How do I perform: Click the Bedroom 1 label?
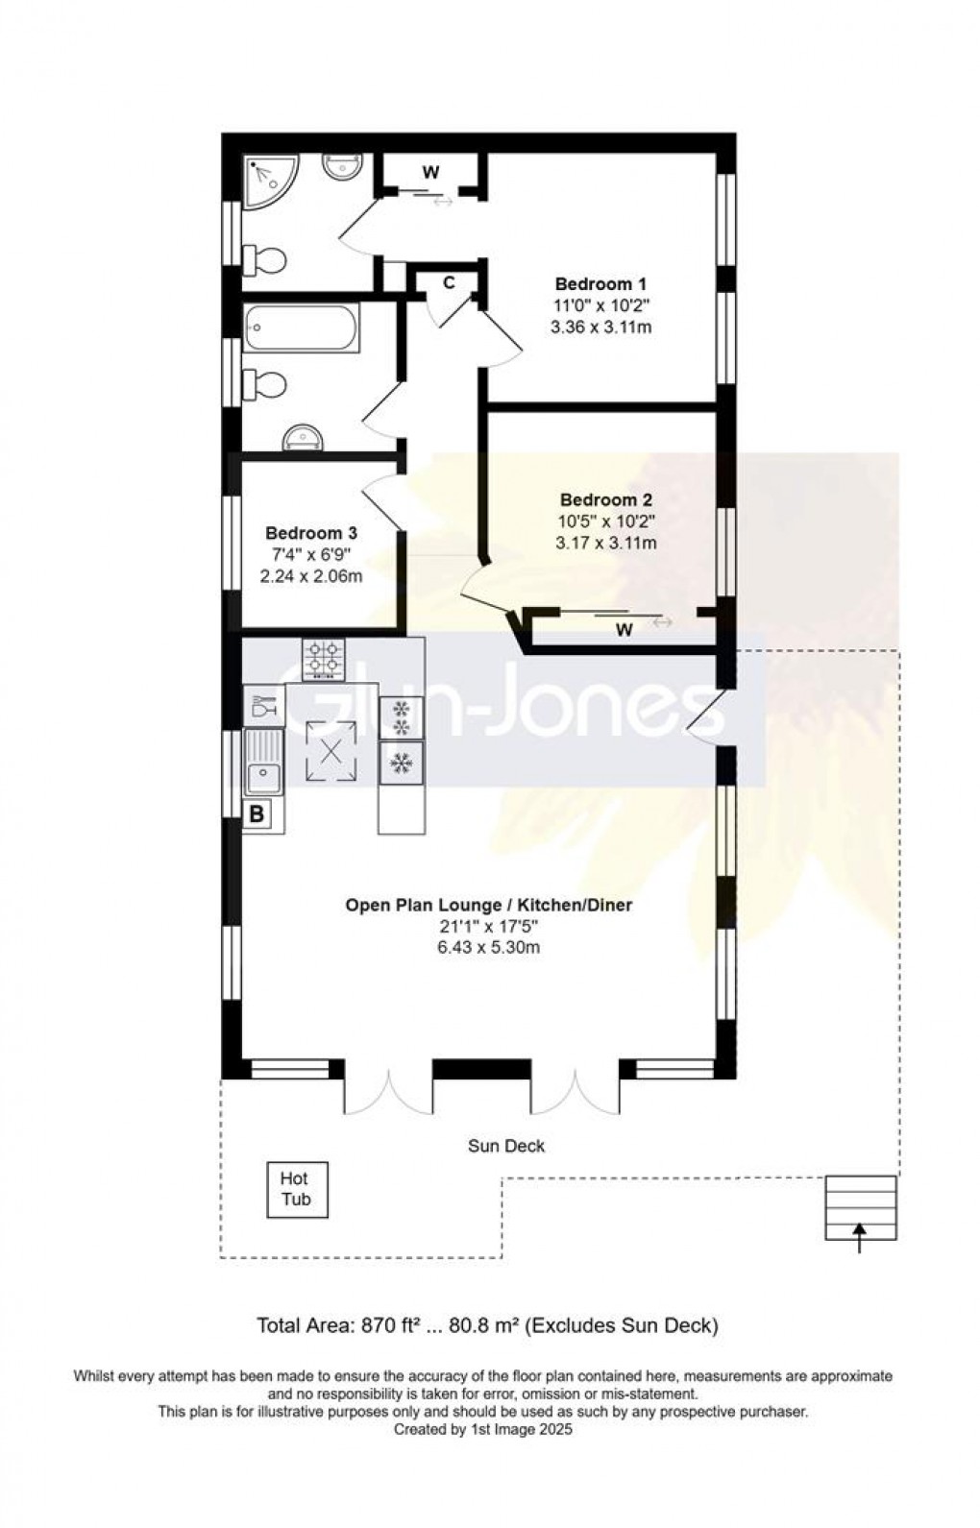[x=600, y=284]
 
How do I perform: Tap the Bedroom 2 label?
[x=605, y=500]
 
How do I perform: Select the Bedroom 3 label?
[x=311, y=533]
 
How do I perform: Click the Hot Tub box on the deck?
[x=296, y=1189]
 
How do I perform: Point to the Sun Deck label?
[x=506, y=1146]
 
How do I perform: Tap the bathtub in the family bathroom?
[x=302, y=327]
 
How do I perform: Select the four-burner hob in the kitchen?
[x=324, y=659]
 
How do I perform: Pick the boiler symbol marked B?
[x=257, y=815]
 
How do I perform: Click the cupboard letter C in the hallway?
[x=449, y=283]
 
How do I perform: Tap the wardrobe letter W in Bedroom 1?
[x=431, y=173]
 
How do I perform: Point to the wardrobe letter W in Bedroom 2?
[x=625, y=631]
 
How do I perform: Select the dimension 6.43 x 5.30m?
[x=489, y=948]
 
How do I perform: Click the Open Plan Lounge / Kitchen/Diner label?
[x=489, y=905]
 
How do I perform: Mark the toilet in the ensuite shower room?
[x=265, y=259]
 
